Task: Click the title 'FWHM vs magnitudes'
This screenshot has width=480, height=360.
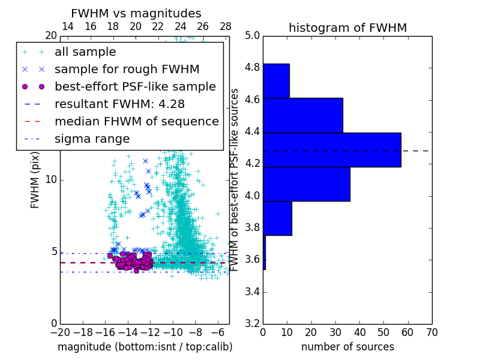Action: [x=136, y=13]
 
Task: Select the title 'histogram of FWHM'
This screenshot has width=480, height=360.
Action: [x=347, y=28]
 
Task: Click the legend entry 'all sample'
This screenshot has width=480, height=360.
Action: [x=85, y=52]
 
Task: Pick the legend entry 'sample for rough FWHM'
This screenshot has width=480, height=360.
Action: [x=127, y=70]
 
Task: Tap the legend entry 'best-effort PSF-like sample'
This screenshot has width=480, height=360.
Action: [x=135, y=87]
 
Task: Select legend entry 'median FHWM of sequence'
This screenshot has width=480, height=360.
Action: [x=136, y=122]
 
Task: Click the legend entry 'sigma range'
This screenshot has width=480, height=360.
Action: [x=92, y=139]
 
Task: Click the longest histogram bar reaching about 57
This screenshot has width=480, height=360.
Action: [x=332, y=149]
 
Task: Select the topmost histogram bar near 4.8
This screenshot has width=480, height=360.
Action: [x=276, y=80]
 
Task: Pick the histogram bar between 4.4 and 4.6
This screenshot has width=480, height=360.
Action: [x=303, y=115]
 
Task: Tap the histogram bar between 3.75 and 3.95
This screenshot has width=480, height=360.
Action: [x=277, y=218]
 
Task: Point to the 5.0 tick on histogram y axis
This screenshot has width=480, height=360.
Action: [x=253, y=36]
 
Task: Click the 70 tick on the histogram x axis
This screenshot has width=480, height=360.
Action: [x=431, y=332]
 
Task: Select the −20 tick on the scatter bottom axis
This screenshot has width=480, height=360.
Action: [x=60, y=332]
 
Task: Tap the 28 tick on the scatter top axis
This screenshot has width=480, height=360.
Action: [x=226, y=26]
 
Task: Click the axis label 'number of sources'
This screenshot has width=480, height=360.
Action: [x=347, y=347]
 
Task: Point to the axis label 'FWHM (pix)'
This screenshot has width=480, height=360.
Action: [x=35, y=180]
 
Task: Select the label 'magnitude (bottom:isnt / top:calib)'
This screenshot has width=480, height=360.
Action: [x=145, y=347]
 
